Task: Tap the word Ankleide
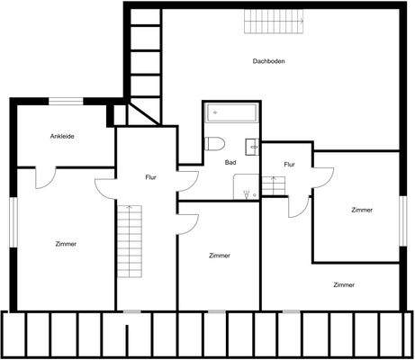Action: tap(62, 136)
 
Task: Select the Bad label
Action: tap(230, 162)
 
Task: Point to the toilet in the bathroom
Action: tap(214, 144)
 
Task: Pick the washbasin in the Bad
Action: tap(253, 145)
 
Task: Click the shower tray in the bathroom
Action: tap(246, 186)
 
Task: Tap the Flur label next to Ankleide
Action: tap(150, 177)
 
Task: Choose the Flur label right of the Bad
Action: tap(289, 165)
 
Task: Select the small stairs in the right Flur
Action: tap(275, 184)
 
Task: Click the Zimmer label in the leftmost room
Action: tap(65, 244)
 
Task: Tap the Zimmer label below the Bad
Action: tap(219, 256)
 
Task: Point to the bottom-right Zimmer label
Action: tap(343, 284)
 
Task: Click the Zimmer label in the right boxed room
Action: tap(362, 210)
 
